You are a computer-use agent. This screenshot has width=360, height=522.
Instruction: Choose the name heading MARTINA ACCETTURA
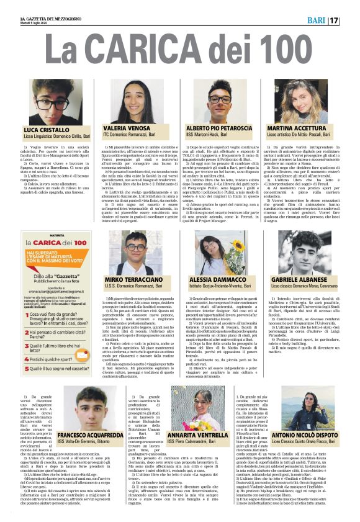(299, 127)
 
